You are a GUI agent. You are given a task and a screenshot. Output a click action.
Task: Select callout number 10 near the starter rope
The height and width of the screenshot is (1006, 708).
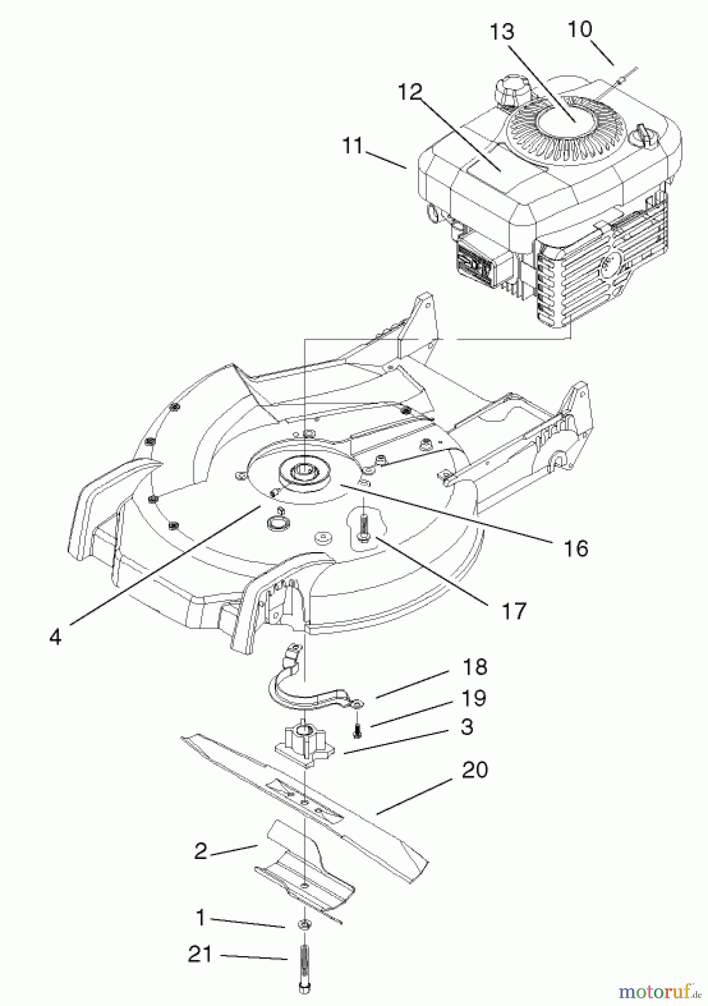pyautogui.click(x=581, y=29)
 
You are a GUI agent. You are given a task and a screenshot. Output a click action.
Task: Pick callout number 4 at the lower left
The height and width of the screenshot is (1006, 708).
pyautogui.click(x=55, y=637)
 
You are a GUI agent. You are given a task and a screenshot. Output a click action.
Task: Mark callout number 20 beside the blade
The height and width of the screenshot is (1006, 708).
pyautogui.click(x=475, y=770)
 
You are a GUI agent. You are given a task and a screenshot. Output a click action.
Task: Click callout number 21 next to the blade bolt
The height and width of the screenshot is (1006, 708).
pyautogui.click(x=199, y=953)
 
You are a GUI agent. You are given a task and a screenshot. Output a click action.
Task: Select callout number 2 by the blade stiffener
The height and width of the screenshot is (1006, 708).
pyautogui.click(x=201, y=851)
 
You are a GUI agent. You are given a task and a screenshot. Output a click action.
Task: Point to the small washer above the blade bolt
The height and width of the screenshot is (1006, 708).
pyautogui.click(x=305, y=924)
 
